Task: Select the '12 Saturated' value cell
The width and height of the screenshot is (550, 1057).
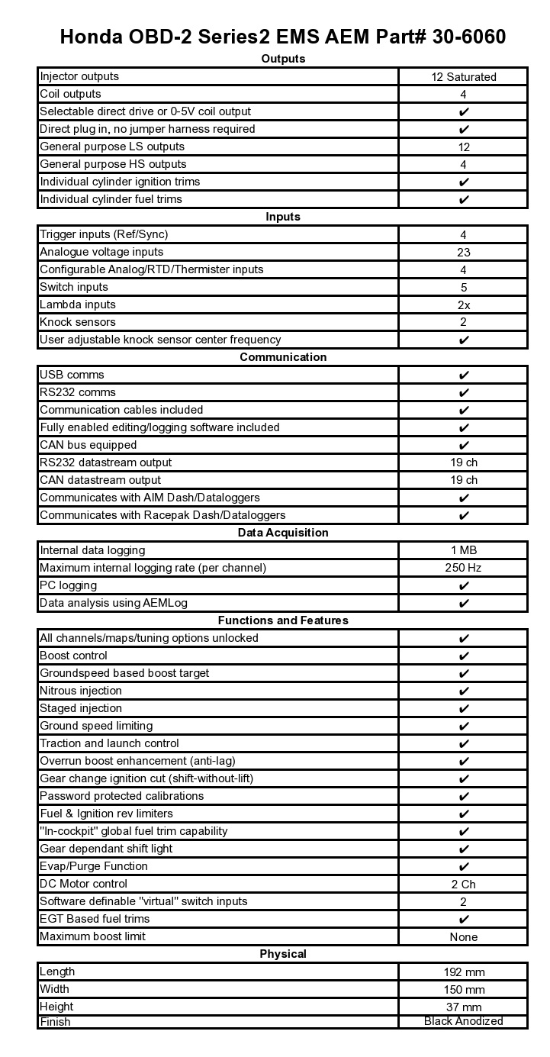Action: click(463, 76)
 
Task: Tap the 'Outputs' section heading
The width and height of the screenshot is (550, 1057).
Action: click(283, 59)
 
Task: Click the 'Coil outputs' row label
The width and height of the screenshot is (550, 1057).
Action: click(70, 94)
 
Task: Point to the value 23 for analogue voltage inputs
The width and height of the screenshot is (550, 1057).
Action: click(463, 252)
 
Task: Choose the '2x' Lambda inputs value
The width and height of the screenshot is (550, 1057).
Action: click(463, 305)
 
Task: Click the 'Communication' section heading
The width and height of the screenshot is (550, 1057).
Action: click(283, 357)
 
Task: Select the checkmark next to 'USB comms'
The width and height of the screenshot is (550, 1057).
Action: click(463, 375)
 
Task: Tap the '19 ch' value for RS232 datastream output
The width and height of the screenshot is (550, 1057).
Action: click(463, 462)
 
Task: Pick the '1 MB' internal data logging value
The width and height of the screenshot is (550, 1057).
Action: click(463, 550)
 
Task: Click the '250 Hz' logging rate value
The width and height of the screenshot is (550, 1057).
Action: click(463, 568)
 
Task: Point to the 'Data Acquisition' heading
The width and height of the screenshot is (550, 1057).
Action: click(283, 533)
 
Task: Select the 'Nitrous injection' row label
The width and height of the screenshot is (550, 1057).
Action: click(81, 691)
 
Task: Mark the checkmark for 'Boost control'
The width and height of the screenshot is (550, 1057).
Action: click(463, 656)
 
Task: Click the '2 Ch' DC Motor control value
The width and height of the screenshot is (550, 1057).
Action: click(463, 885)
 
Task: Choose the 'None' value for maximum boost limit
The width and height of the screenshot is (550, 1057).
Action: click(463, 937)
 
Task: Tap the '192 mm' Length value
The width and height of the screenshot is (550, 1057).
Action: click(463, 972)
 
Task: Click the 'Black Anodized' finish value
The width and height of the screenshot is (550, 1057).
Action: click(463, 1021)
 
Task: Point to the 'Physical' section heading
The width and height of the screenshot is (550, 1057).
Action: click(283, 954)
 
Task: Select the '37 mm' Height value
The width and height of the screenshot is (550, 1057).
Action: click(463, 1007)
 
